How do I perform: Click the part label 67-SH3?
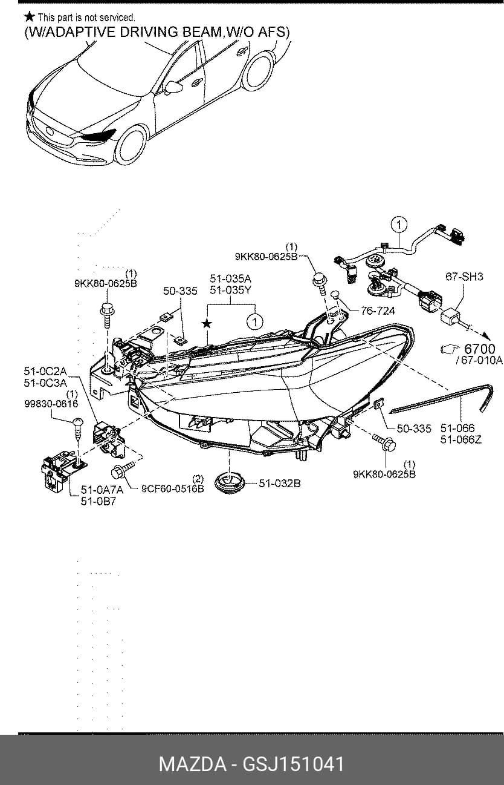point(464,277)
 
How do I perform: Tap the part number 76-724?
point(377,311)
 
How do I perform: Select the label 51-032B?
point(280,484)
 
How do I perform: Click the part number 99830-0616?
point(51,404)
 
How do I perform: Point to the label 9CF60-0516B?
point(173,489)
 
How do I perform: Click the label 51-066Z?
point(460,439)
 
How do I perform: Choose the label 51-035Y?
point(230,290)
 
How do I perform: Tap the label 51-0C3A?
point(45,383)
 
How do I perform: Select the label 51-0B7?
point(99,502)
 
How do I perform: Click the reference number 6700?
point(479,349)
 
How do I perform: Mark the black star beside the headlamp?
point(207,323)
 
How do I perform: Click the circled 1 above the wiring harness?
point(399,225)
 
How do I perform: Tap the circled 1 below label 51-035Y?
point(255,321)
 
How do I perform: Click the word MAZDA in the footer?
point(193,764)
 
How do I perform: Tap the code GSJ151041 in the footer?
point(293,764)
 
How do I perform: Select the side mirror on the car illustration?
point(173,87)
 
